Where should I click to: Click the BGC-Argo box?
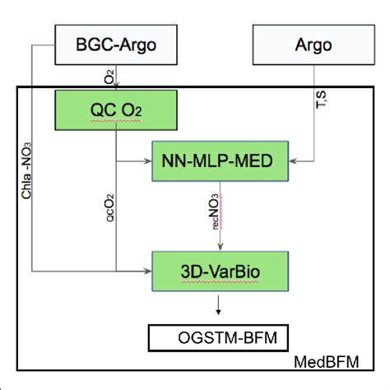coord(118,44)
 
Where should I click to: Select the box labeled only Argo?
coord(304,44)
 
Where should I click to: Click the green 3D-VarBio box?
coord(220,268)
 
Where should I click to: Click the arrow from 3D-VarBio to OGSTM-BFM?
coord(218,305)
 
